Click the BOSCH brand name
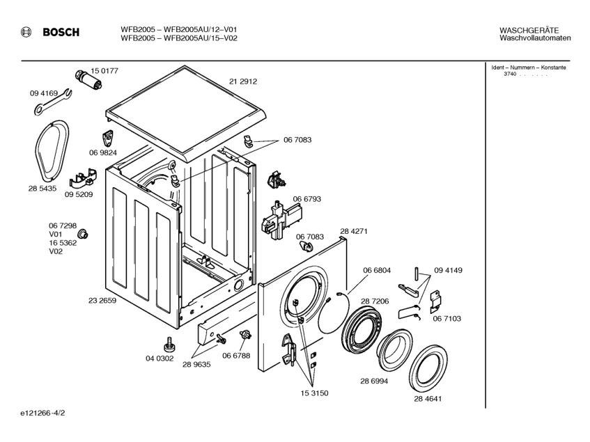61,32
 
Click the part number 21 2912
243,81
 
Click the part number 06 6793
306,199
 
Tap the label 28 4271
354,231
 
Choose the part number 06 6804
376,270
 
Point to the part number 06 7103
447,318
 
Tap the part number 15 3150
313,393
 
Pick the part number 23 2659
102,301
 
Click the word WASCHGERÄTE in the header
529,30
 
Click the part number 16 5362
63,243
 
